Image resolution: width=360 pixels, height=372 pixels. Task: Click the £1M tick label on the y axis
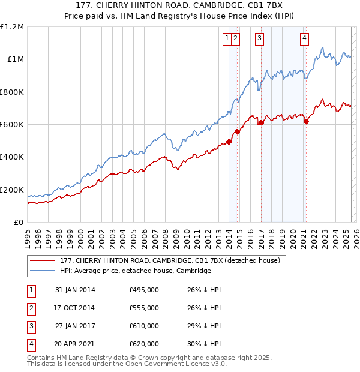pos(15,59)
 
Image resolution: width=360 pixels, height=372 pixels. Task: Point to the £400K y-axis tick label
pos(12,157)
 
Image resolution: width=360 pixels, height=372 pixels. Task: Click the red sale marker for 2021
pos(306,121)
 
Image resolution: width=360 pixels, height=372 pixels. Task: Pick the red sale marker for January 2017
pos(261,123)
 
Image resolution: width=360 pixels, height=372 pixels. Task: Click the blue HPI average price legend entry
pos(135,271)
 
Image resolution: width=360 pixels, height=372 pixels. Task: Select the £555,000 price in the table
pos(144,308)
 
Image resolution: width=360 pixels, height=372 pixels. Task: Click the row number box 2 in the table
pos(31,308)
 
